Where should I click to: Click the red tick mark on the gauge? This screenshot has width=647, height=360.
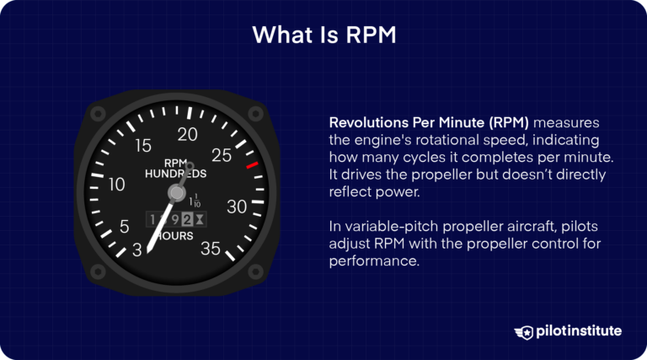pos(251,167)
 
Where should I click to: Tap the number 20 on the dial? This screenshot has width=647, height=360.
pos(188,134)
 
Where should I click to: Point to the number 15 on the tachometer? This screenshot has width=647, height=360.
pos(143,146)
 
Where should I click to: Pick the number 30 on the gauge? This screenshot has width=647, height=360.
pos(238,207)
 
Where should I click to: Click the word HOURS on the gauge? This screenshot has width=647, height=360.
pos(174,236)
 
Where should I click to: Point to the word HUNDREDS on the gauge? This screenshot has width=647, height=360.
pos(175,175)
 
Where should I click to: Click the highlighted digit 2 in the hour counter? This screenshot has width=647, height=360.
pos(187,219)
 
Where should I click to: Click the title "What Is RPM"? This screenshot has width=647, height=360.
pos(323,37)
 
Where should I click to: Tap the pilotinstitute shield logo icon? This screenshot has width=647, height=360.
pos(522,331)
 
